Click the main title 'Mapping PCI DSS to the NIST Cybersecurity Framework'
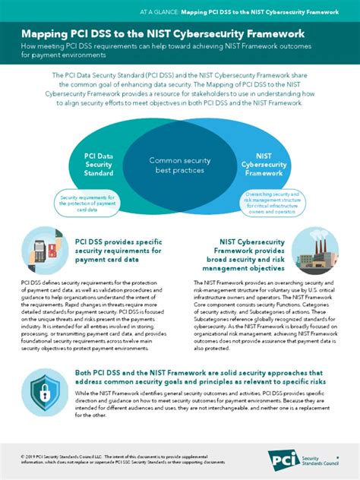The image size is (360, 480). [163, 34]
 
